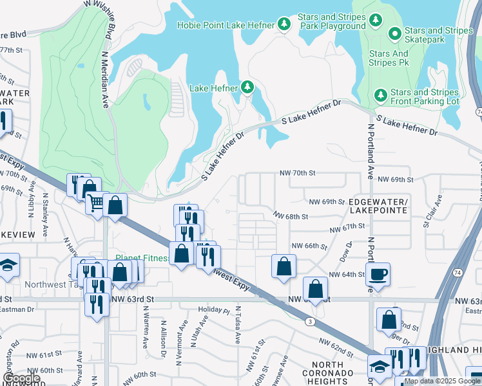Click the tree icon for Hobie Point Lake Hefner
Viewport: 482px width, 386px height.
coord(284,25)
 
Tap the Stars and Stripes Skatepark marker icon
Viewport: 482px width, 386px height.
coord(394,32)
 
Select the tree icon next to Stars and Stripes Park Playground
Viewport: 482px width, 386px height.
coord(376,22)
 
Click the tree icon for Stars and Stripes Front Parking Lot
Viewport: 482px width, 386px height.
coord(380,95)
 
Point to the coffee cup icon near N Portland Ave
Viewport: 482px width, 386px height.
coord(378,273)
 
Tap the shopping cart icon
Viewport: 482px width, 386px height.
coord(96,203)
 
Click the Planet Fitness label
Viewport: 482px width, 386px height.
coord(142,259)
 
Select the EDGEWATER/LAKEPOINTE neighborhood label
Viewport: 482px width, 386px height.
coord(378,206)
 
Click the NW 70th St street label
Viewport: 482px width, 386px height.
coord(297,173)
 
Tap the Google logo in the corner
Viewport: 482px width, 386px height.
coord(21,378)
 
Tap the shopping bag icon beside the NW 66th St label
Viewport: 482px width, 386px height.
coord(284,266)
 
